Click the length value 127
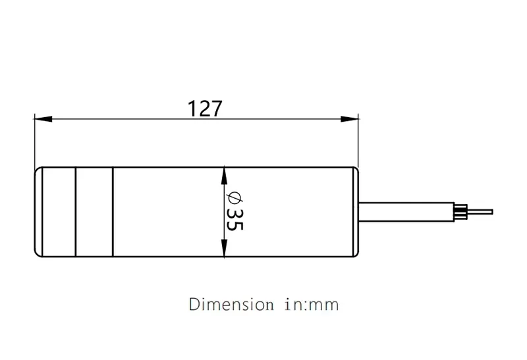[x=205, y=108]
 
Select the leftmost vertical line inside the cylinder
[x=76, y=211]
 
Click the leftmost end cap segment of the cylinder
[x=55, y=211]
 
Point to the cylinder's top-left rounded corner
[x=37, y=169]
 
